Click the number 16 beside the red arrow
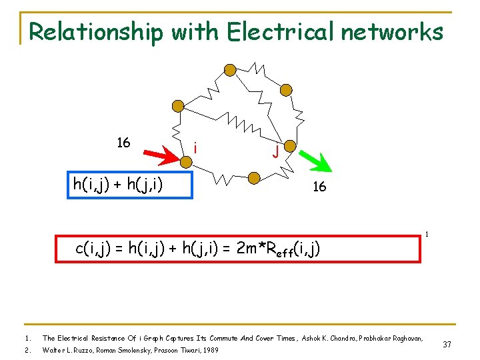[x=123, y=143]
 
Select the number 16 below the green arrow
[x=319, y=187]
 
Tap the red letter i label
[x=194, y=147]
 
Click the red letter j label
[x=274, y=151]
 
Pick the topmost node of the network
[x=229, y=70]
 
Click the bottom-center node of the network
[x=253, y=178]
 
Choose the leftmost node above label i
[x=177, y=105]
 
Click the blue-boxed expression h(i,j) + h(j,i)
[x=130, y=185]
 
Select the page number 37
[x=447, y=344]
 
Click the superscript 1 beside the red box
[x=426, y=233]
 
